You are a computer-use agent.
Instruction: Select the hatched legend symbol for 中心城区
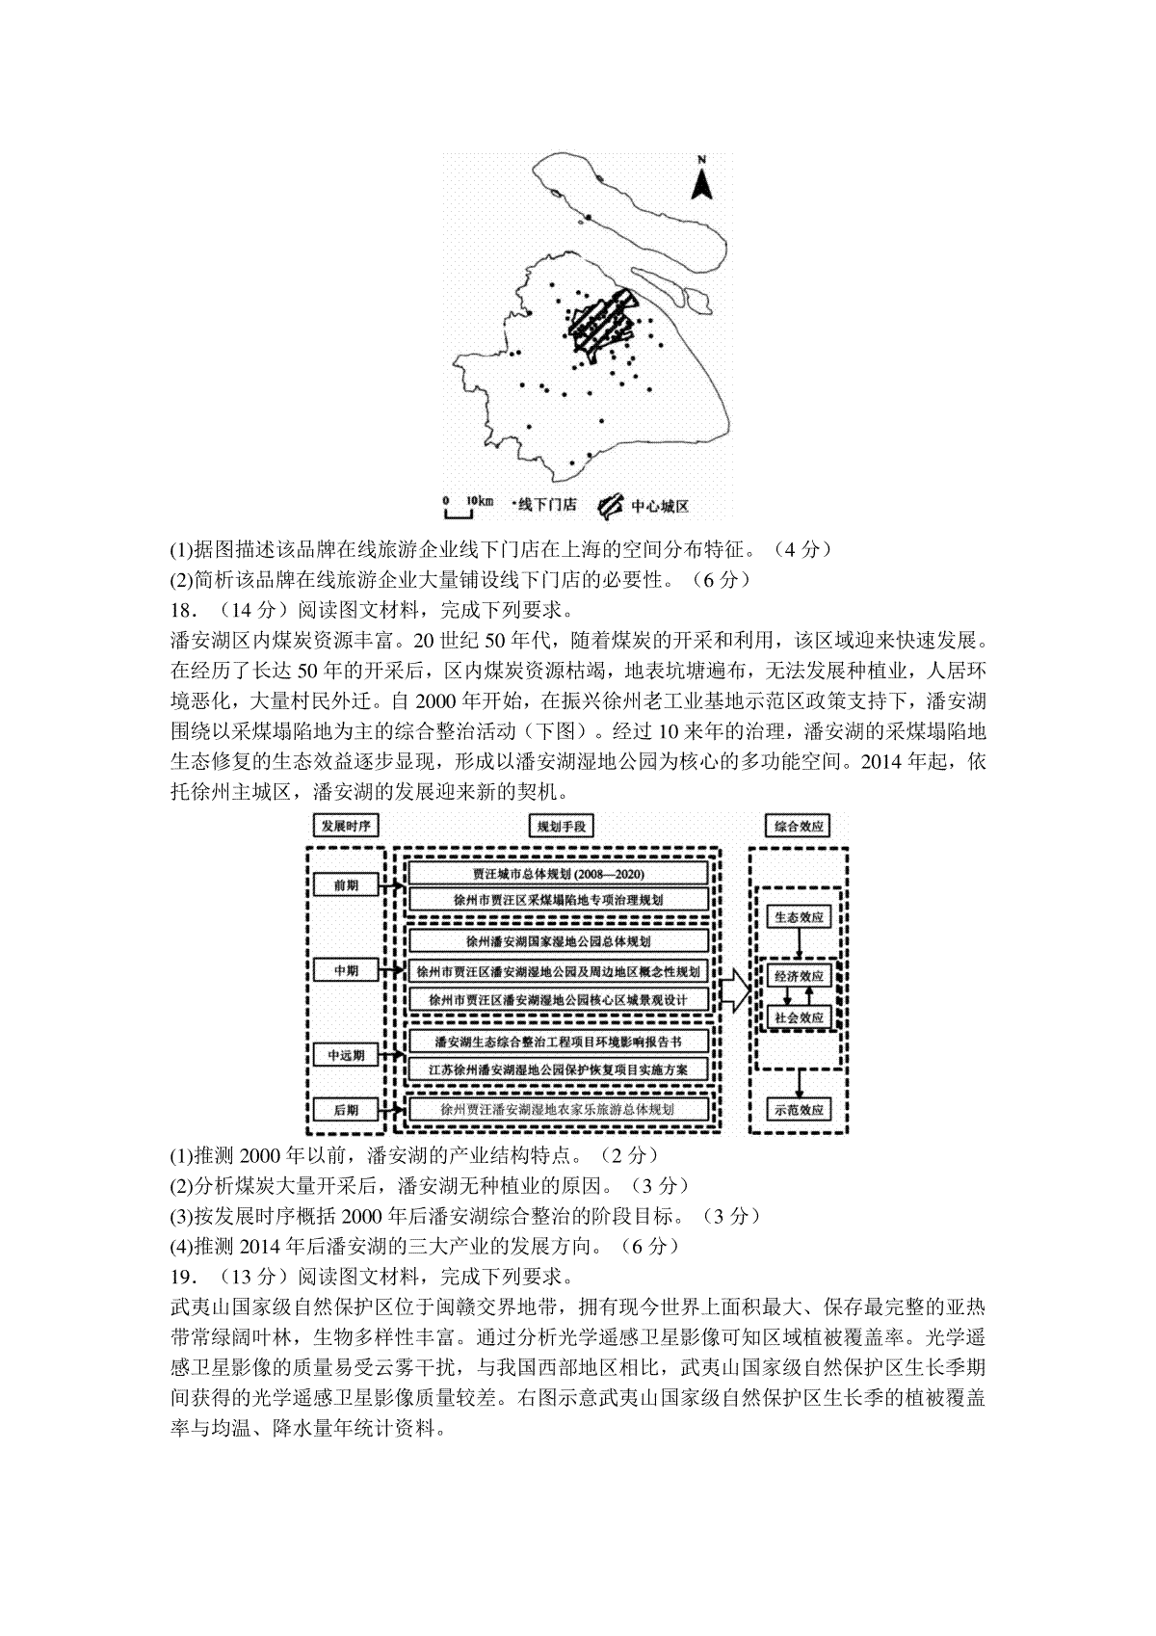pyautogui.click(x=611, y=505)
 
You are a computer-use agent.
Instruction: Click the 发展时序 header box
pyautogui.click(x=344, y=826)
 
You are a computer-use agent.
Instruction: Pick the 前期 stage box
pyautogui.click(x=346, y=884)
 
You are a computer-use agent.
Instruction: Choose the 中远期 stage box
pyautogui.click(x=346, y=1055)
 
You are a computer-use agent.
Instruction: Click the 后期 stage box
pyautogui.click(x=346, y=1110)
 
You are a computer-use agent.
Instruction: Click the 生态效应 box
pyautogui.click(x=799, y=917)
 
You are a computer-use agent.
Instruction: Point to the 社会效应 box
pyautogui.click(x=799, y=1017)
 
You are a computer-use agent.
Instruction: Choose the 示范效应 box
pyautogui.click(x=799, y=1110)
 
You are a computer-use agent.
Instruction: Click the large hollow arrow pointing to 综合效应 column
pyautogui.click(x=735, y=991)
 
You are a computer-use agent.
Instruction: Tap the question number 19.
pyautogui.click(x=182, y=1277)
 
